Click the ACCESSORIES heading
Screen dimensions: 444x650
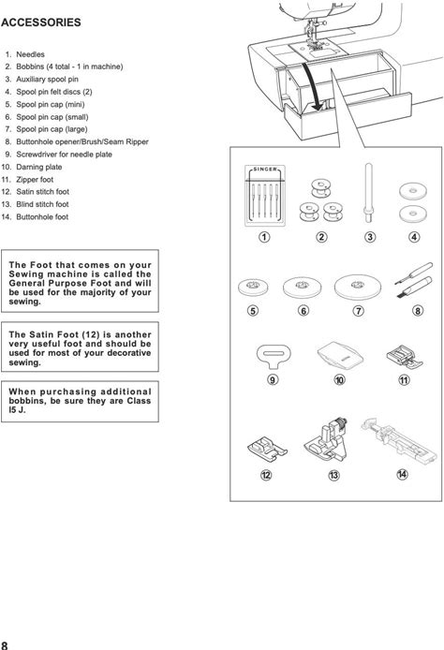pos(40,22)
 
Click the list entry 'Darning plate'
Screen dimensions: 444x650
pos(39,167)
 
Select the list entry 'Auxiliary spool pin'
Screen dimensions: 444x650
pos(47,80)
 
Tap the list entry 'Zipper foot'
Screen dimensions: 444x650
pos(35,180)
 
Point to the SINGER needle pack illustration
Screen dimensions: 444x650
pos(265,195)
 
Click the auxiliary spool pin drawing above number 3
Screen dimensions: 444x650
pos(368,192)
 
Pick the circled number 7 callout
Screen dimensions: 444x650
pos(358,311)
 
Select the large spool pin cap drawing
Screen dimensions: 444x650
pos(358,287)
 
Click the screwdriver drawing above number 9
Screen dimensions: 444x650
pos(274,356)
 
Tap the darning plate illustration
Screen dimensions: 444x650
pos(340,356)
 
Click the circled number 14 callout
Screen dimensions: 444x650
pos(402,475)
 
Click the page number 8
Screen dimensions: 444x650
pos(4,645)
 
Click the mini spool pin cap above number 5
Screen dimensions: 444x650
pos(253,287)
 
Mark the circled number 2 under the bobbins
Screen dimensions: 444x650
pos(321,237)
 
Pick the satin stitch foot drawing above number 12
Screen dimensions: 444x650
pos(267,448)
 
